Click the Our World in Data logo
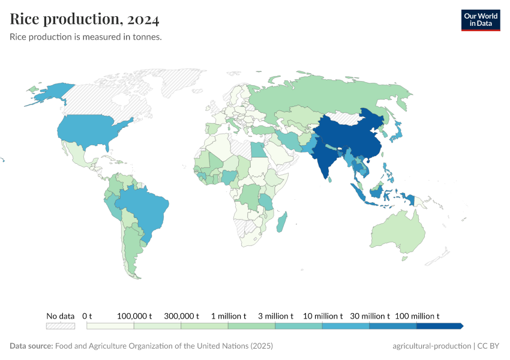point(480,20)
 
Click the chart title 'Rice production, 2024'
point(85,20)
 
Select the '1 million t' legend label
point(228,316)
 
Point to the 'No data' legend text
point(61,316)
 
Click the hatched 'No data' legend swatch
point(61,326)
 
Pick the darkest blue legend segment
point(439,326)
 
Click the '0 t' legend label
point(87,316)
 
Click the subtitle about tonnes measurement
point(86,37)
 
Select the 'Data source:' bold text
point(31,346)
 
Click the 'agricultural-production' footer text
point(431,346)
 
